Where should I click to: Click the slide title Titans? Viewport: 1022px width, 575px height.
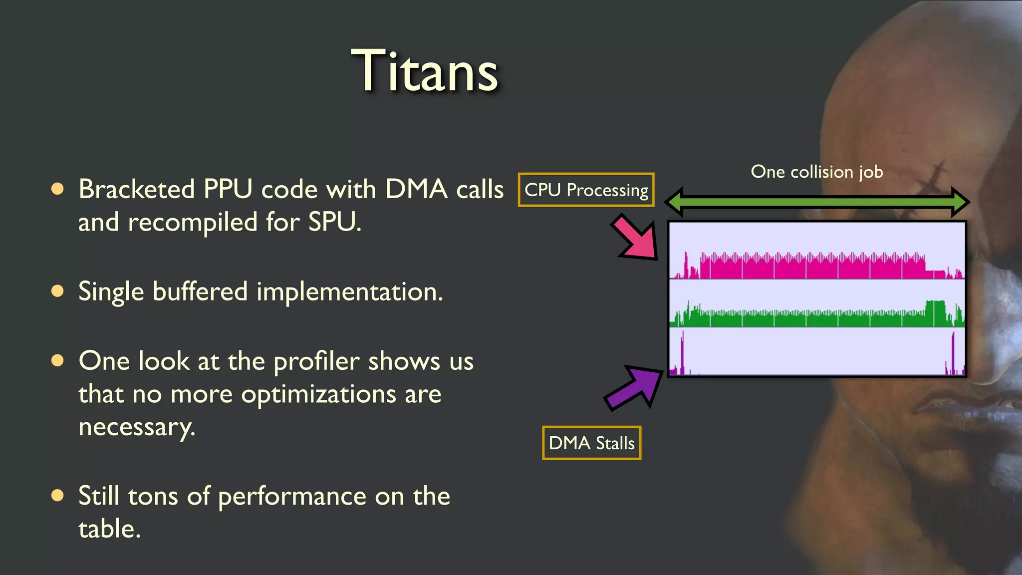[x=425, y=71]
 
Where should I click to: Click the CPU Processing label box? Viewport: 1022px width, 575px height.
[x=586, y=190]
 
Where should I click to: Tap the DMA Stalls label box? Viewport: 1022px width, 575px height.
[x=591, y=443]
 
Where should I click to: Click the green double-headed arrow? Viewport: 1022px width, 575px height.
[x=817, y=202]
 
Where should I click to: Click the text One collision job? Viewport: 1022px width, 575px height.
[x=817, y=172]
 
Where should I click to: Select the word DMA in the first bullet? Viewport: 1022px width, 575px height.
[x=416, y=190]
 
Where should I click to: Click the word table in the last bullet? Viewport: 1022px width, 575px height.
[x=109, y=529]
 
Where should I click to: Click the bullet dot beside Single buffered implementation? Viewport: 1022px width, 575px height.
[x=58, y=291]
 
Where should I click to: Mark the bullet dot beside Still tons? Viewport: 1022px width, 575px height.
[x=58, y=495]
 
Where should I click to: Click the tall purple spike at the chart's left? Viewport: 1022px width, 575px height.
[x=682, y=352]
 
